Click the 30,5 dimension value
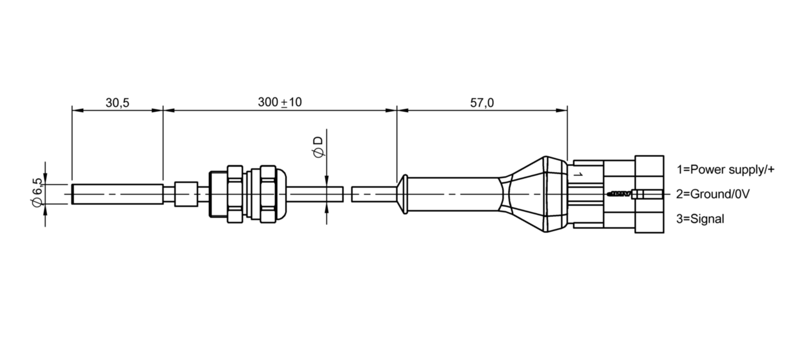tap(117, 103)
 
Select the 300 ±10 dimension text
tap(279, 102)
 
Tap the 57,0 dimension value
tap(482, 103)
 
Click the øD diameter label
tap(318, 146)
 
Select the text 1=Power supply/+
tap(725, 169)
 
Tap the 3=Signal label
tap(700, 219)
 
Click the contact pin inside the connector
tap(622, 194)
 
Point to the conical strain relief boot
tap(533, 194)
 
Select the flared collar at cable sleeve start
tap(403, 194)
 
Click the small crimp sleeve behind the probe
tap(185, 194)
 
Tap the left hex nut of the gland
tap(234, 194)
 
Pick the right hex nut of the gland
tap(268, 194)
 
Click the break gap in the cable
tap(348, 194)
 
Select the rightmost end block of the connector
tap(650, 194)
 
